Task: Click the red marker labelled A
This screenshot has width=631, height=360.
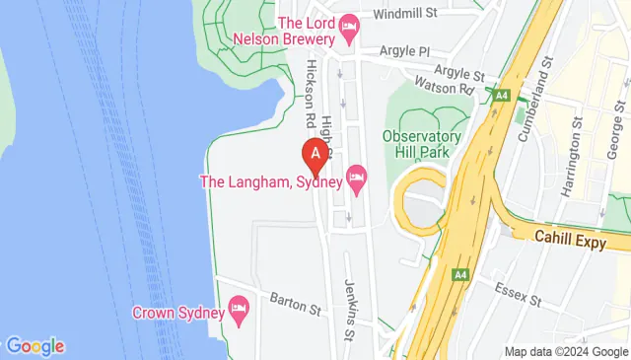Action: tap(315, 154)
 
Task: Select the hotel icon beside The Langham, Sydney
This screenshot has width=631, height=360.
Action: tap(357, 180)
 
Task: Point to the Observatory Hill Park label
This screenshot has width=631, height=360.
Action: tap(422, 144)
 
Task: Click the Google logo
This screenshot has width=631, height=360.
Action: tap(35, 346)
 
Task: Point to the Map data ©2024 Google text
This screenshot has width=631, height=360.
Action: tap(565, 352)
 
